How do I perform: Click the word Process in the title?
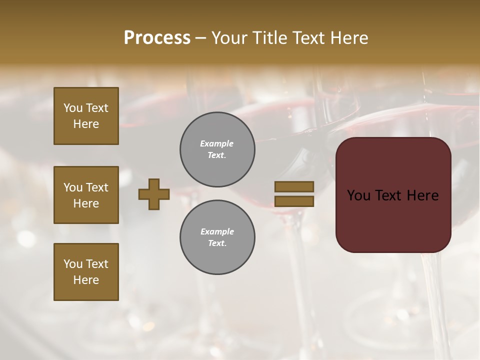coord(157,38)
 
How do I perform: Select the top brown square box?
coord(86,116)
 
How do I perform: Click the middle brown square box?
coord(86,195)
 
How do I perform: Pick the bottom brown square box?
coord(86,272)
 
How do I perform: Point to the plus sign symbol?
coord(154,194)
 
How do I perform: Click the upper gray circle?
coord(217,149)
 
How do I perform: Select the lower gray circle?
coord(217,237)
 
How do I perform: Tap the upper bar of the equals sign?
coord(294,186)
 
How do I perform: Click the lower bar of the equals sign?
coord(294,201)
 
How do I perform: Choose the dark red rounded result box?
coord(393,195)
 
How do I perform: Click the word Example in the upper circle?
coord(217,143)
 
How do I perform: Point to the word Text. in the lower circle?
coord(217,243)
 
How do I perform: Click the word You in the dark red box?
coord(358,195)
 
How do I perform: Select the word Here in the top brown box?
coord(86,124)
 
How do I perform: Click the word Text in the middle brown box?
coord(96,187)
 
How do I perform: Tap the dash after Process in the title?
coord(201,38)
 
